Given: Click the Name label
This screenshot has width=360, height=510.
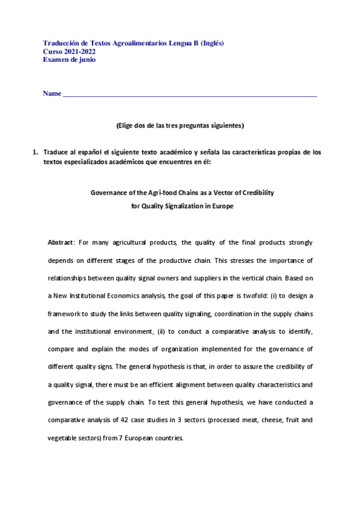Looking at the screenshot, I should [52, 94].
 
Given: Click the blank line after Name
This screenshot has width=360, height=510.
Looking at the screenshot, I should [190, 95].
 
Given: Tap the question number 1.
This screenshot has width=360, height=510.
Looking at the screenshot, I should [34, 152].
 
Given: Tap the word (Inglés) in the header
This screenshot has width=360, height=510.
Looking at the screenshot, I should [212, 43].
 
